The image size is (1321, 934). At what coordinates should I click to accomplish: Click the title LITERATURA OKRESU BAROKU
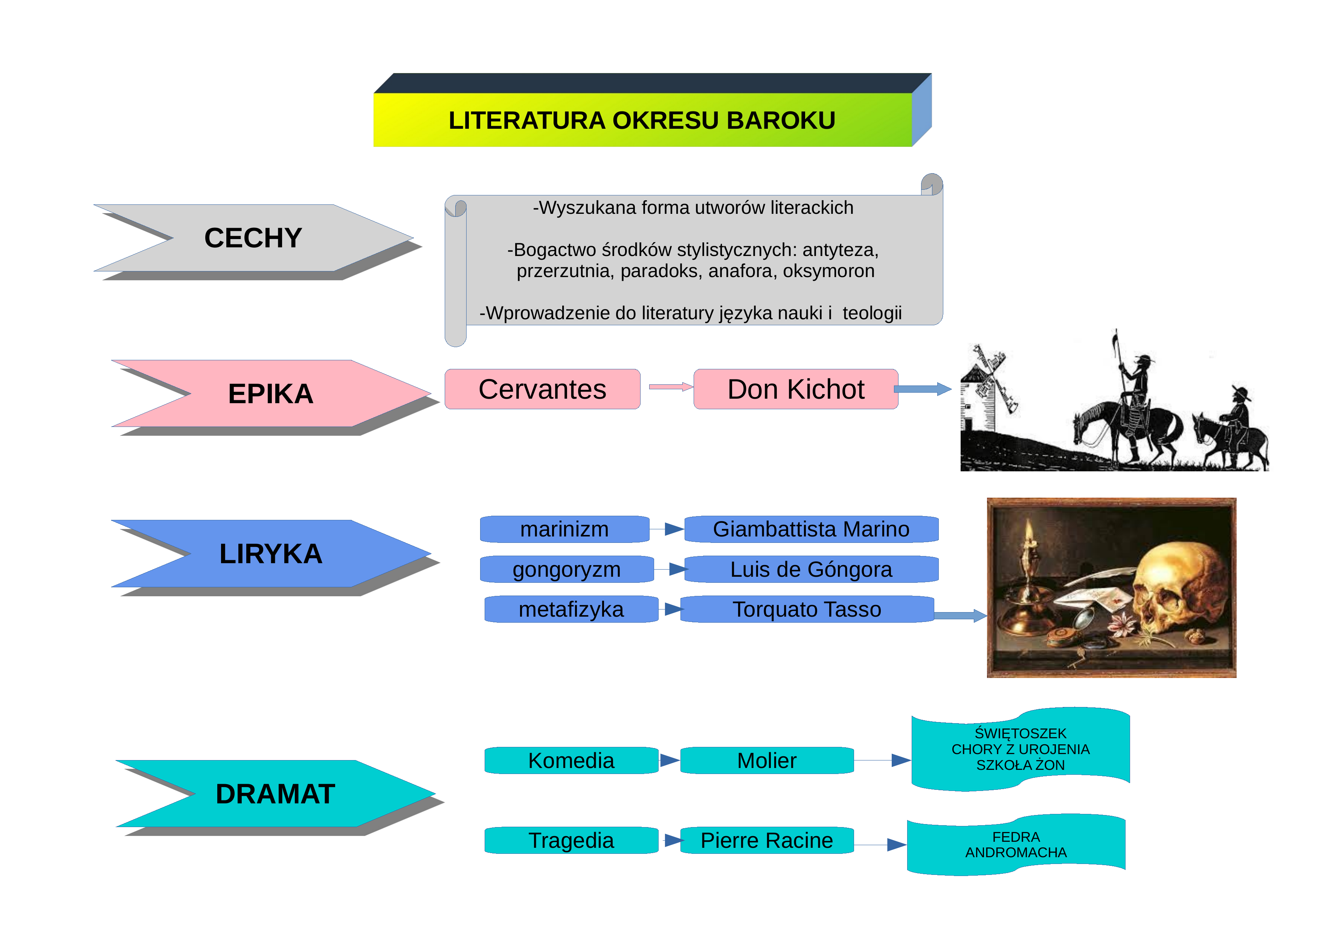[642, 120]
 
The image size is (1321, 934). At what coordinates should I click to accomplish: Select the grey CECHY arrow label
[253, 238]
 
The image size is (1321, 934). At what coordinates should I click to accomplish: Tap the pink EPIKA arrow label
[270, 394]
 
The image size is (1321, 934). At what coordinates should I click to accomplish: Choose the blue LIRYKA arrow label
[270, 554]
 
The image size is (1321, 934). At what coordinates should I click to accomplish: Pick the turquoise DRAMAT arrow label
[275, 794]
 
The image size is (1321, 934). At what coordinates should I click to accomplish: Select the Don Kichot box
[796, 389]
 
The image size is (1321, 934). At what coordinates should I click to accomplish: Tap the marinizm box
[564, 529]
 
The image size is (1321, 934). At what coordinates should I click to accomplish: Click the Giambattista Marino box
[811, 529]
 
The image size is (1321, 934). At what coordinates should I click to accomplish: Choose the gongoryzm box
[567, 569]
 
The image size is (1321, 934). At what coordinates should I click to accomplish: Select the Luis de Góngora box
[811, 569]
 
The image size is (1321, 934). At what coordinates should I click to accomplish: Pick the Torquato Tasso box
[807, 609]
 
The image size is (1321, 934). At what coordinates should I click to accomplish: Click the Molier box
[767, 760]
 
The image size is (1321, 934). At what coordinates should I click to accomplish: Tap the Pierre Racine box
[767, 840]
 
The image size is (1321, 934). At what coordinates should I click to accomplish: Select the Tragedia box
[571, 840]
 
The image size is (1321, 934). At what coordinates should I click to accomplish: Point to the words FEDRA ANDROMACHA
[1016, 845]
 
